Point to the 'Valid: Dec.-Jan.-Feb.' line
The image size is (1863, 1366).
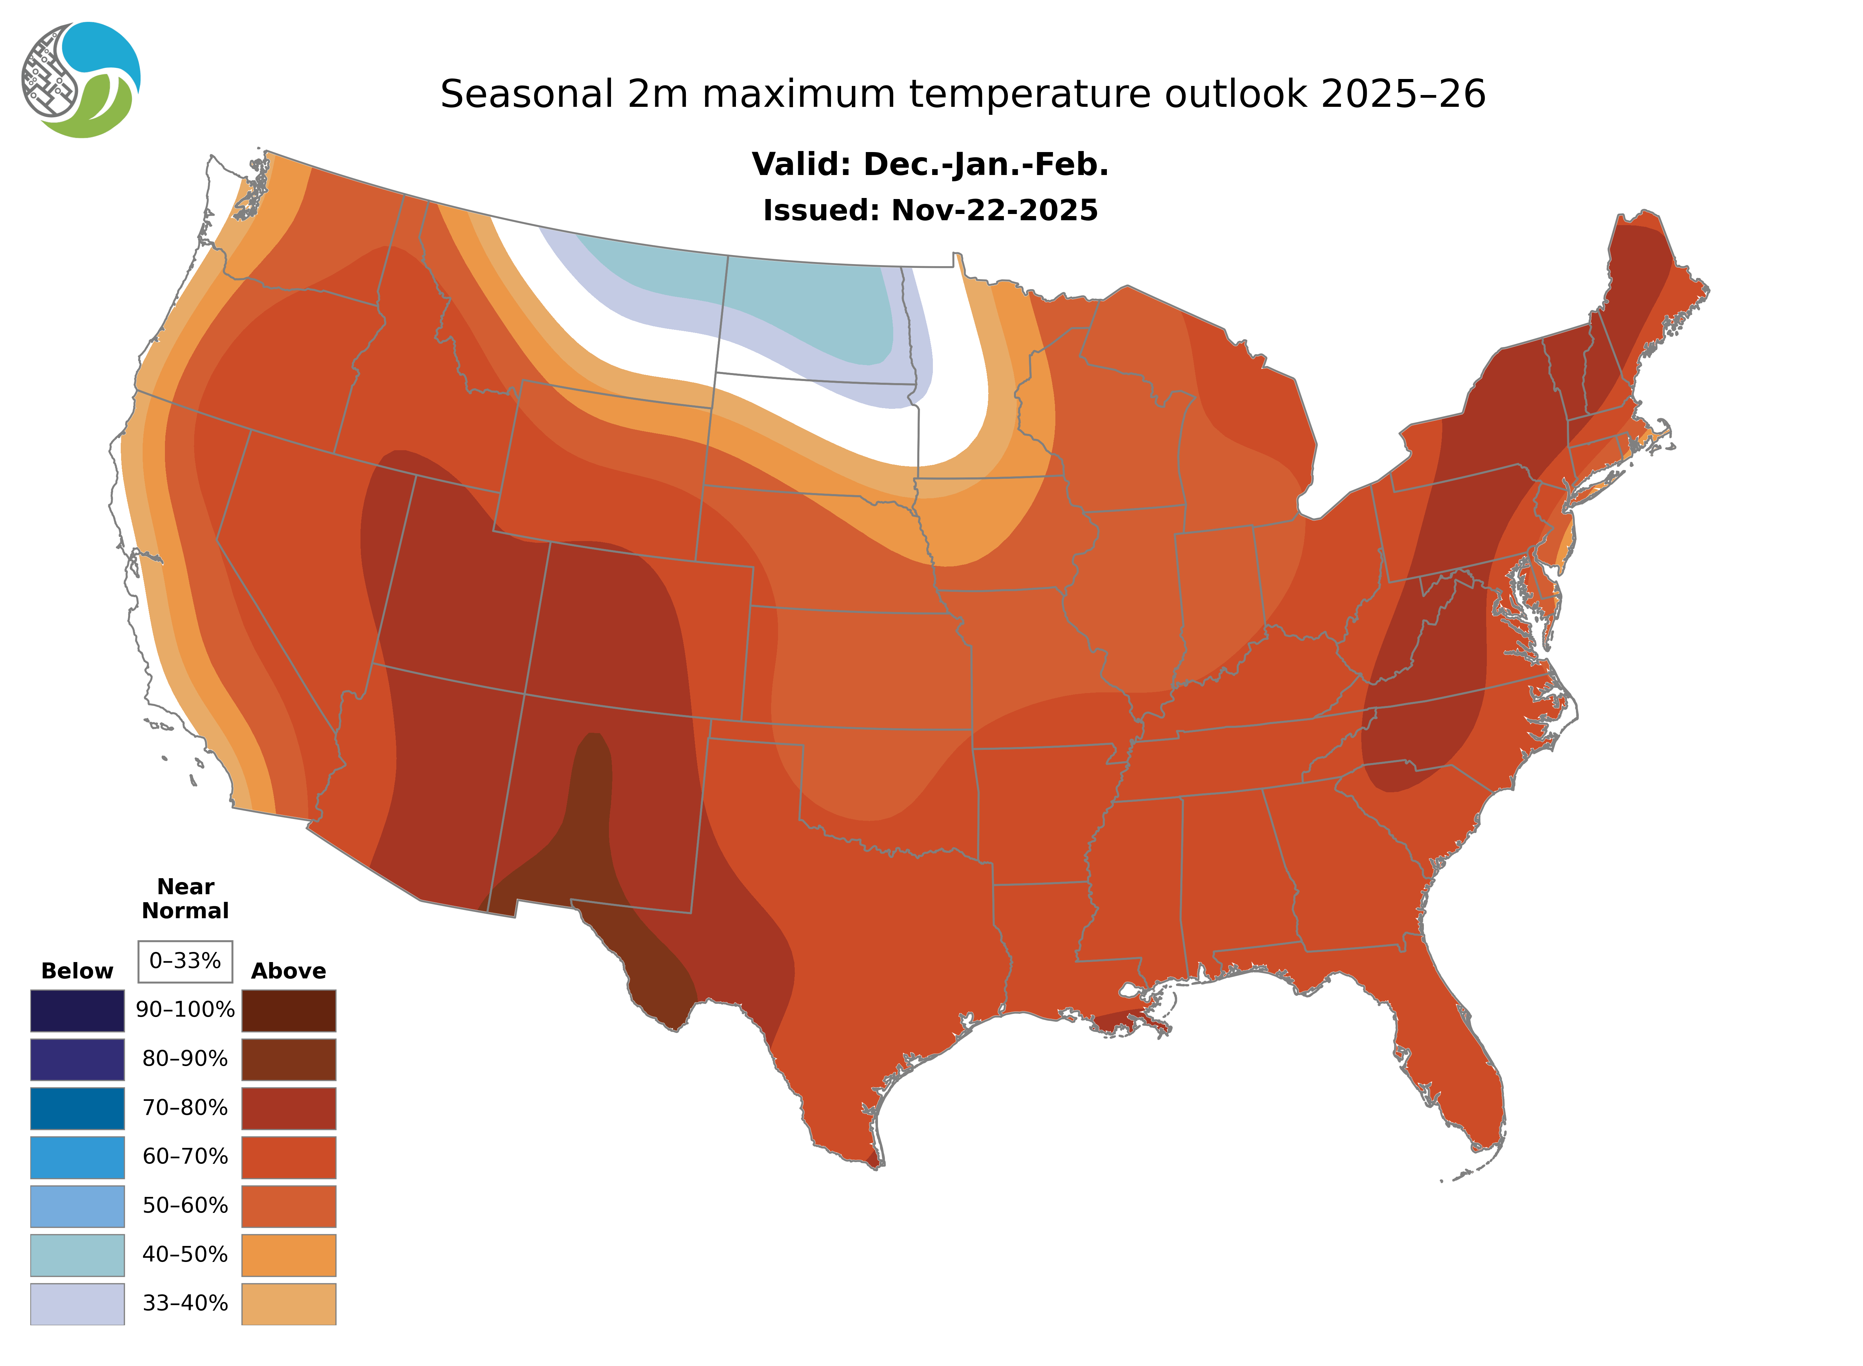click(x=929, y=165)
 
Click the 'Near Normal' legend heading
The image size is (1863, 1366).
click(x=185, y=899)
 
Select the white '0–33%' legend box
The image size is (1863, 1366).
click(x=185, y=961)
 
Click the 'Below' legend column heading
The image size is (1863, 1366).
click(x=77, y=971)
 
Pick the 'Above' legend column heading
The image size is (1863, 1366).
click(x=288, y=971)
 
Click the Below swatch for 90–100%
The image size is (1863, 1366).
click(x=77, y=1010)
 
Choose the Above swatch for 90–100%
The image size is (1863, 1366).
click(x=288, y=1010)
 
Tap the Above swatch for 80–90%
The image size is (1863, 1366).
click(x=288, y=1059)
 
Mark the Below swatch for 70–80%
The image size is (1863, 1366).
click(x=77, y=1108)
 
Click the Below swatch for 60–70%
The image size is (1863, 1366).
click(x=77, y=1157)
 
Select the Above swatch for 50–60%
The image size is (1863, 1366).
click(x=288, y=1206)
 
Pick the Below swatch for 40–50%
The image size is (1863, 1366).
click(x=77, y=1254)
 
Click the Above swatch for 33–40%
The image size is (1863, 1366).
click(x=288, y=1303)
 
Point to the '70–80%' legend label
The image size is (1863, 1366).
click(x=185, y=1108)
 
